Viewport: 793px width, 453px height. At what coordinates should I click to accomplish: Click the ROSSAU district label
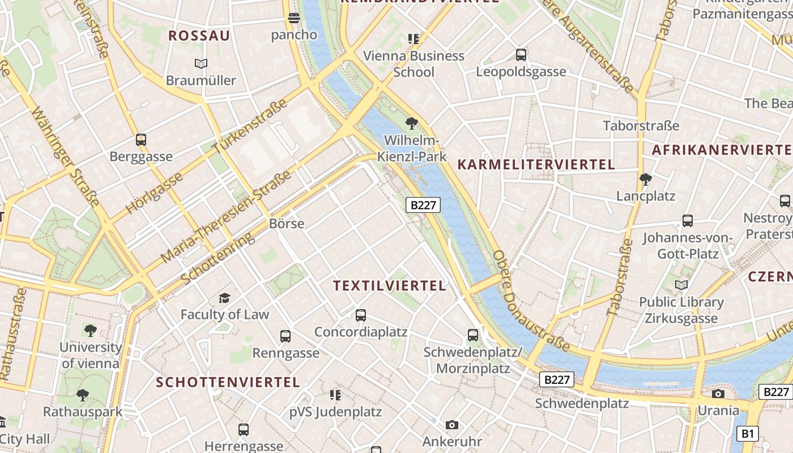click(x=199, y=36)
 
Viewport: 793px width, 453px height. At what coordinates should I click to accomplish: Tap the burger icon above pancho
click(x=293, y=18)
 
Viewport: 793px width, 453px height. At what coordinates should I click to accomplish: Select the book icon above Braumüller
click(x=201, y=63)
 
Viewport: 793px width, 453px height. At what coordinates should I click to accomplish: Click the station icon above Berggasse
click(x=141, y=139)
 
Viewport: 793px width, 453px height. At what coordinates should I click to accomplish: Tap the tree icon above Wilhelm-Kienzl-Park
click(x=412, y=123)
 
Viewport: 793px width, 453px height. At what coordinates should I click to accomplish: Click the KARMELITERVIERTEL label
click(x=536, y=165)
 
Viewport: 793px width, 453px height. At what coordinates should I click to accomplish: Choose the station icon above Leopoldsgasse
click(x=521, y=55)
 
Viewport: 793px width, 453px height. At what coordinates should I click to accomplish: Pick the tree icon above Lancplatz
click(x=645, y=180)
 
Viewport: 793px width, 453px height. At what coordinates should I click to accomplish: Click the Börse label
click(x=287, y=224)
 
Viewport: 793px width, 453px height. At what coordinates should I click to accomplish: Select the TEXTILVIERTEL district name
click(x=390, y=285)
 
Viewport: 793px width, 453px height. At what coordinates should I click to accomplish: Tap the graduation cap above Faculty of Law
click(x=225, y=298)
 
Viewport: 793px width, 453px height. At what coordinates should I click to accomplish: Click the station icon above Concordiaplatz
click(x=361, y=315)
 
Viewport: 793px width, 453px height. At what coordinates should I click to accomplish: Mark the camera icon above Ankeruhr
click(x=451, y=425)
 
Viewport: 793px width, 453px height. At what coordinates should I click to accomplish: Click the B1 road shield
click(x=748, y=434)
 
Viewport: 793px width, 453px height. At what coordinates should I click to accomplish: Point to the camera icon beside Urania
click(x=718, y=394)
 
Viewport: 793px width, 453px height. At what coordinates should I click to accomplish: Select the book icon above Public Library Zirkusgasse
click(x=681, y=285)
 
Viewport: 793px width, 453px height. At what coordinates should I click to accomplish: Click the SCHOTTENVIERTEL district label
click(x=228, y=382)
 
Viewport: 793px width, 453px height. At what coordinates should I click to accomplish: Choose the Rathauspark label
click(x=83, y=412)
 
